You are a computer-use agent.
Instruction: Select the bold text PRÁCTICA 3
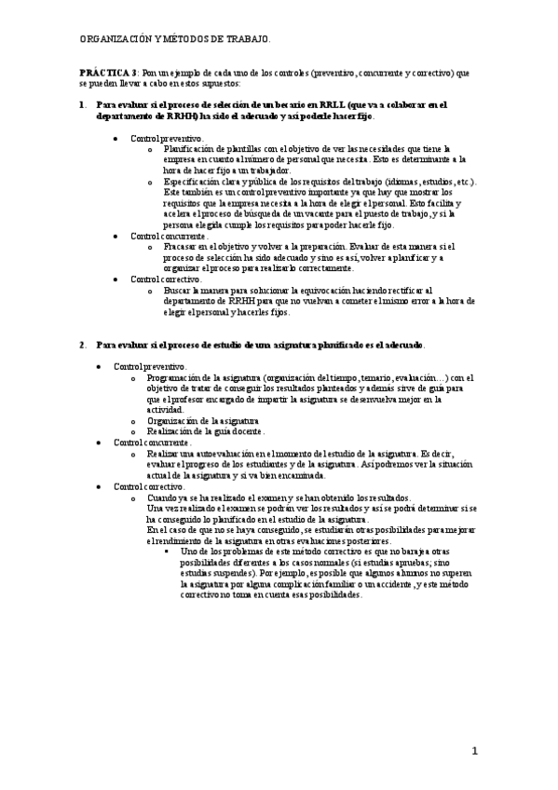pyautogui.click(x=109, y=72)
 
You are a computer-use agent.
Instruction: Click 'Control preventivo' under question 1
pyautogui.click(x=166, y=137)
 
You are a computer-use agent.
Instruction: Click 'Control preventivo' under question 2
pyautogui.click(x=150, y=367)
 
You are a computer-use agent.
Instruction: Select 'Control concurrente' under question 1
pyautogui.click(x=169, y=237)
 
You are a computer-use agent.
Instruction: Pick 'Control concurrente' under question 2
pyautogui.click(x=153, y=443)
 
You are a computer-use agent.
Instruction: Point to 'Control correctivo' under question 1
pyautogui.click(x=166, y=279)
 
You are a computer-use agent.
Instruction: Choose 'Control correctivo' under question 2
pyautogui.click(x=150, y=486)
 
